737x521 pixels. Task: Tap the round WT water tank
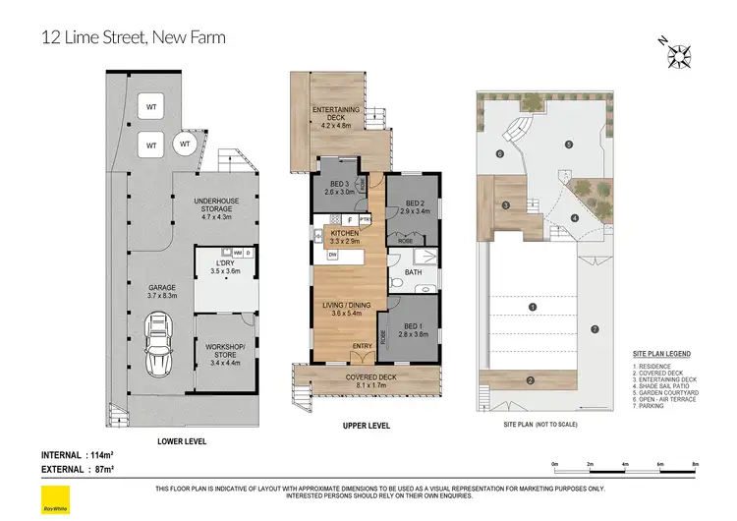pos(184,145)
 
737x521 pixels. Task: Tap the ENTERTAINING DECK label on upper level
pos(336,111)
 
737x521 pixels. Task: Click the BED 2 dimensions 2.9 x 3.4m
pos(411,209)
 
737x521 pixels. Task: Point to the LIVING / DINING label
pos(347,306)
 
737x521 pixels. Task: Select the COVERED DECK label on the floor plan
pos(368,376)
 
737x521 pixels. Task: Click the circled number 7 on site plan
pos(594,328)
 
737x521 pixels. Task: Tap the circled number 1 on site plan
pos(532,307)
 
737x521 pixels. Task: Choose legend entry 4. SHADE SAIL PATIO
pos(666,384)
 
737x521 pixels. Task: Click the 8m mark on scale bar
pos(696,464)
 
